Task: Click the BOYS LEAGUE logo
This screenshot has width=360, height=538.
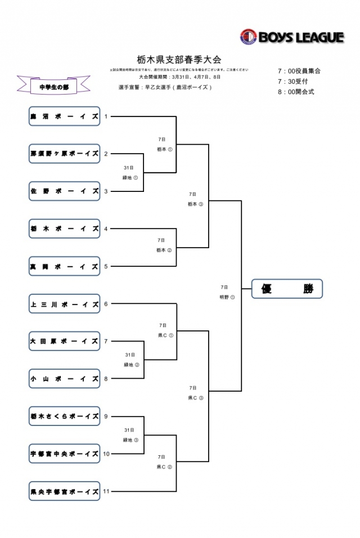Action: click(x=291, y=37)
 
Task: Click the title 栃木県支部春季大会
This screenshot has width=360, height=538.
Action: click(x=179, y=59)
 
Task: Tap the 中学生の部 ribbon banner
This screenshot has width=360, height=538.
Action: click(x=53, y=86)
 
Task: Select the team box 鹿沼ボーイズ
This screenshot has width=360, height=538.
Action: click(x=64, y=116)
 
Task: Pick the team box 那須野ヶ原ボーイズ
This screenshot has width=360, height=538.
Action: click(x=64, y=154)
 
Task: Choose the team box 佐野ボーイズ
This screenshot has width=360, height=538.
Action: click(x=64, y=191)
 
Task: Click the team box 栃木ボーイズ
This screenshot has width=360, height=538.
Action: click(x=64, y=229)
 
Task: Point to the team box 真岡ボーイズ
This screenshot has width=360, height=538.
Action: click(x=64, y=266)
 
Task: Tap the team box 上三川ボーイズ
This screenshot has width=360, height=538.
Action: click(x=64, y=304)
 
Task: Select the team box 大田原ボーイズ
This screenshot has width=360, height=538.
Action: click(x=64, y=341)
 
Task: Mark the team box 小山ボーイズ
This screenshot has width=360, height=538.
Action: click(x=64, y=379)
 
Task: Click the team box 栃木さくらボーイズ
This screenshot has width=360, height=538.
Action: click(x=64, y=416)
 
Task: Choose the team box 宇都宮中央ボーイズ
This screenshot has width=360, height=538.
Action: click(x=64, y=454)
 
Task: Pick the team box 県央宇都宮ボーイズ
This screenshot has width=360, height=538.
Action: click(x=64, y=491)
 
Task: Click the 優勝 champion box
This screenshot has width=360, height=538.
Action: click(x=287, y=289)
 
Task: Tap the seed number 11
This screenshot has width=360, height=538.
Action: click(x=106, y=491)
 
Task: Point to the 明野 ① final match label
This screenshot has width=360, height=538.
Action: click(x=227, y=297)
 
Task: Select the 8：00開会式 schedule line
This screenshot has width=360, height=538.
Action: click(x=296, y=92)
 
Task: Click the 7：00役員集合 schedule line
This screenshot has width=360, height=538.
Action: click(x=299, y=71)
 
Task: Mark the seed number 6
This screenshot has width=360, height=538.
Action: click(x=105, y=304)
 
